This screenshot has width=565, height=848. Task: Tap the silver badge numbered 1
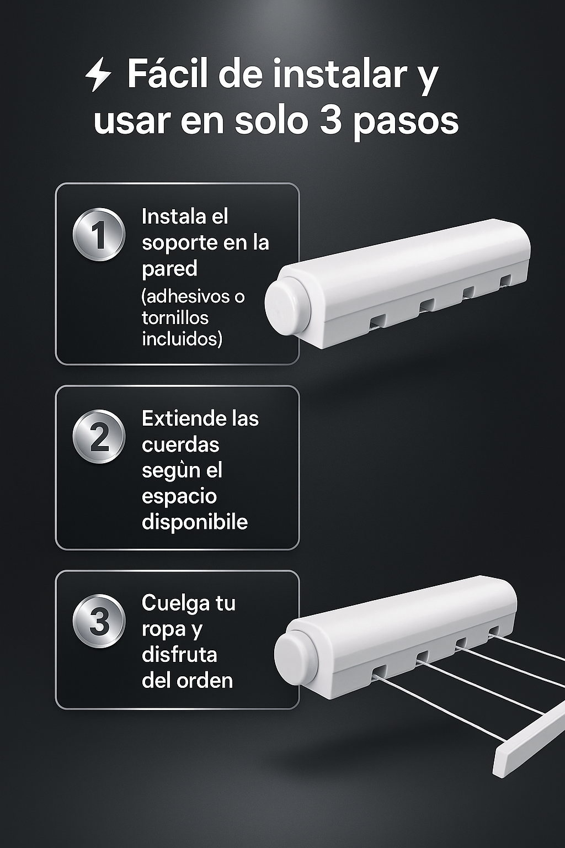coord(99,235)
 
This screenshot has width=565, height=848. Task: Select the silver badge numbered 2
coord(99,437)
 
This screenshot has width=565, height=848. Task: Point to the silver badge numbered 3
coord(99,621)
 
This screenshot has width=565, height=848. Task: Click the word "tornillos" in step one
coord(175,317)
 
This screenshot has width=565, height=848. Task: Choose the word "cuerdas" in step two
coord(180,445)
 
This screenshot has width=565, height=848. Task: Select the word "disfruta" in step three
coord(179,655)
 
